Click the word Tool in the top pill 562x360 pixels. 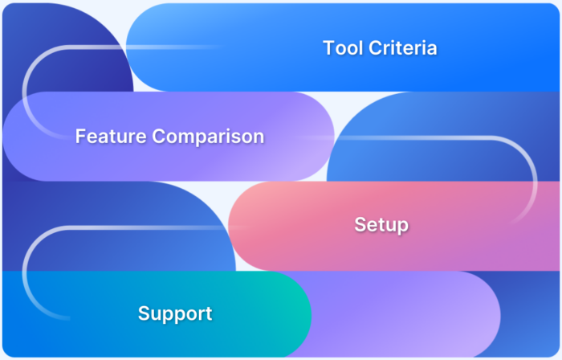(x=343, y=48)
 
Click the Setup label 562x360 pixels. (x=381, y=225)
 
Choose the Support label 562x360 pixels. (x=175, y=313)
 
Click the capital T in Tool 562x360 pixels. (x=328, y=48)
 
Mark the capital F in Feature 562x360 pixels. (x=80, y=137)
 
